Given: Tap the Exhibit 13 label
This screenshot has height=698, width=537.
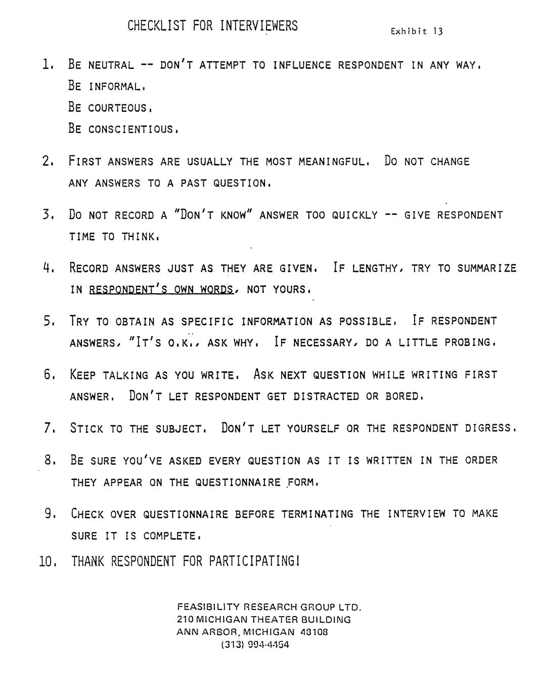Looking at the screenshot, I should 417,31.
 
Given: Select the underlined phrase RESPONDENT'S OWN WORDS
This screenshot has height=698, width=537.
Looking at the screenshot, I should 161,290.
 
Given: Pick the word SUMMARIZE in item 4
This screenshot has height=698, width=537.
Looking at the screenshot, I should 487,269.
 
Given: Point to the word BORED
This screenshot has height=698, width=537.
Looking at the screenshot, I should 402,397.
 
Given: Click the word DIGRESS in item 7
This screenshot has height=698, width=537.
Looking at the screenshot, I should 488,428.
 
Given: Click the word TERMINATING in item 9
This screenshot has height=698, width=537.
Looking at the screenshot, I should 318,514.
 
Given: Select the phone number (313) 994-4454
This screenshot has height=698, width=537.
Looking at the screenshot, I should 255,645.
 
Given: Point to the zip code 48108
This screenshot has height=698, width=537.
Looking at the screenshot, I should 314,632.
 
